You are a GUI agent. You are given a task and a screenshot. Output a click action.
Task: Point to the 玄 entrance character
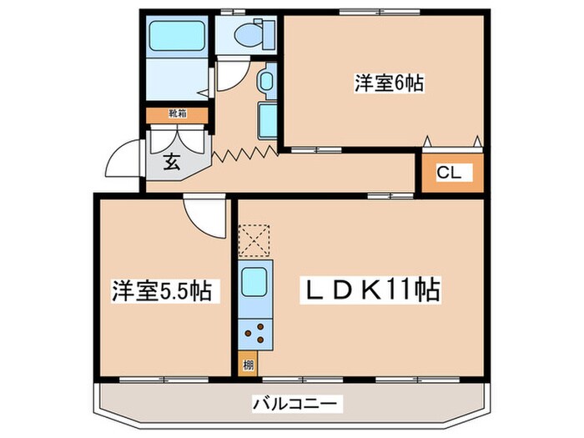pos(172,162)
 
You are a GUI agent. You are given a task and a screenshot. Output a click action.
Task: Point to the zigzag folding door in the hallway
pos(244,154)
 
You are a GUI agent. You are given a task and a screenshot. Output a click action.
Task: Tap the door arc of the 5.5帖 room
pos(205,215)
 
